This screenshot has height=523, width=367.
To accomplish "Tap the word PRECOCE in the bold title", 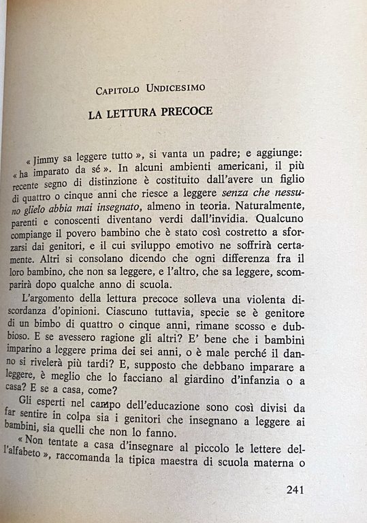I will pos(180,113).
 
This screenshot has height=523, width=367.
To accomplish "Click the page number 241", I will pos(300,489).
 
